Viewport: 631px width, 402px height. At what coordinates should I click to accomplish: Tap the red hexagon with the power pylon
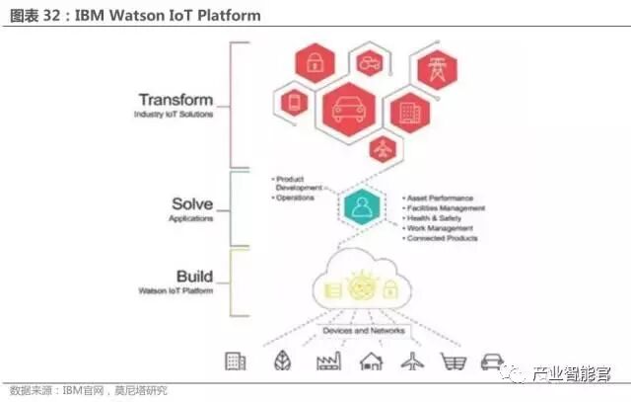click(x=435, y=69)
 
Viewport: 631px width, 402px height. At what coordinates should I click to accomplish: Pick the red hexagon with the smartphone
click(x=294, y=102)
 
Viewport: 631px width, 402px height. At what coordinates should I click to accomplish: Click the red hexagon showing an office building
click(x=407, y=111)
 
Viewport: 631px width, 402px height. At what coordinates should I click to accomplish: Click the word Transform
click(x=175, y=99)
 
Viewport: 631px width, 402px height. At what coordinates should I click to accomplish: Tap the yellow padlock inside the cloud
click(x=390, y=289)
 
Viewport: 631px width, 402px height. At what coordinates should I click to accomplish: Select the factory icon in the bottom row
click(x=328, y=362)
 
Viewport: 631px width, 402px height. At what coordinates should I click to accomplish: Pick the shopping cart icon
click(x=453, y=362)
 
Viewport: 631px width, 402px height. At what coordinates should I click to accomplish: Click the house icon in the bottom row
click(x=371, y=362)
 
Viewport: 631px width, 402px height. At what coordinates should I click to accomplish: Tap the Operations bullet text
click(x=295, y=198)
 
